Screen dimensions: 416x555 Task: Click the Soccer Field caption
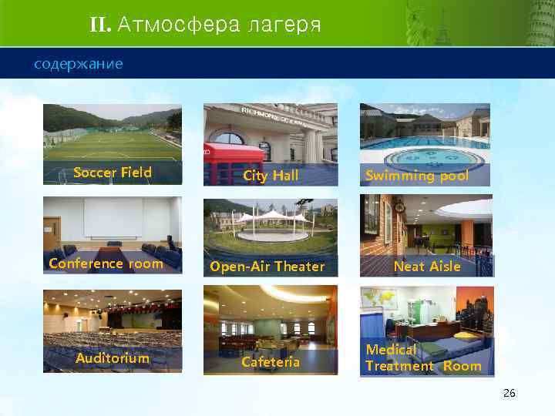pyautogui.click(x=113, y=172)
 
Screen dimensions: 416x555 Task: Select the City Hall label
pyautogui.click(x=271, y=176)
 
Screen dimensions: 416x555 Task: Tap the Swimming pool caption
pyautogui.click(x=416, y=176)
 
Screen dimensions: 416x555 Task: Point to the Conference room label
pyautogui.click(x=106, y=263)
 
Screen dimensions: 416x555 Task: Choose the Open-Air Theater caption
pyautogui.click(x=267, y=267)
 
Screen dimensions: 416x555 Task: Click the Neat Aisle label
pyautogui.click(x=427, y=267)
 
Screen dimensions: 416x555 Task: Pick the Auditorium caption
pyautogui.click(x=113, y=357)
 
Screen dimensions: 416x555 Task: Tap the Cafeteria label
pyautogui.click(x=271, y=361)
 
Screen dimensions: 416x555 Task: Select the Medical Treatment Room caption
pyautogui.click(x=422, y=358)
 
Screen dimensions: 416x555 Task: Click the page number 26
pyautogui.click(x=509, y=393)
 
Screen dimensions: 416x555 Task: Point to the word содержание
pyautogui.click(x=78, y=63)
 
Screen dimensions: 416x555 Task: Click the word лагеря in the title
pyautogui.click(x=281, y=25)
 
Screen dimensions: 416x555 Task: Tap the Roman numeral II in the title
pyautogui.click(x=100, y=25)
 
